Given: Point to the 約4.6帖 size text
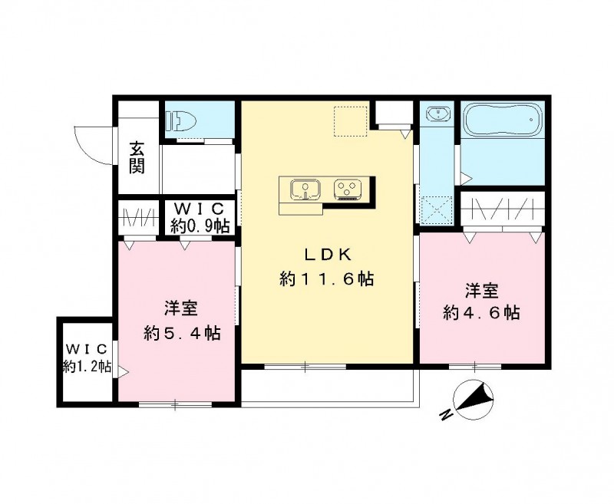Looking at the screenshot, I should coord(482,313).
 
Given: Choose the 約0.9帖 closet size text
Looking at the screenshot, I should coord(199,226).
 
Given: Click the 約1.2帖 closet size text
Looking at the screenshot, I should coord(87,367).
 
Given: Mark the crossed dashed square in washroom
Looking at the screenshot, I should coord(437,208).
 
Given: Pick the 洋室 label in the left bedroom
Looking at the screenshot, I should coord(182,309).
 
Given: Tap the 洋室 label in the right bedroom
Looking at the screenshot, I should coord(482,291).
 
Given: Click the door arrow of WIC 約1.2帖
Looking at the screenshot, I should coord(122,373).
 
